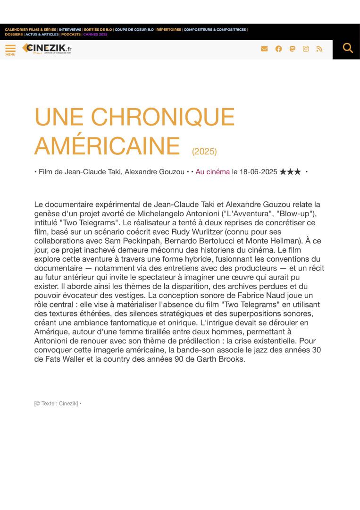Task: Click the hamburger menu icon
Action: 10,49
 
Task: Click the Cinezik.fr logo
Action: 47,49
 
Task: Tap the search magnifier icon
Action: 348,48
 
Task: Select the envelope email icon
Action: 264,49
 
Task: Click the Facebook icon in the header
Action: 279,49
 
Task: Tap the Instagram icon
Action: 306,49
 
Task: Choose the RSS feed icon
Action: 319,49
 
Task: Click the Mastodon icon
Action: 293,49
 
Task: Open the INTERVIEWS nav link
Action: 70,29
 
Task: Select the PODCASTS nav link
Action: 71,34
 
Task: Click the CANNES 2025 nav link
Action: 95,34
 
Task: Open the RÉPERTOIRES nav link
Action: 168,29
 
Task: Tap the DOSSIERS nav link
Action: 14,34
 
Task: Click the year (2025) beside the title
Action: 204,152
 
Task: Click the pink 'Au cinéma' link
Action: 213,172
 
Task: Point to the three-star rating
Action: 290,172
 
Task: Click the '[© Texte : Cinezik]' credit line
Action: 56,403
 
